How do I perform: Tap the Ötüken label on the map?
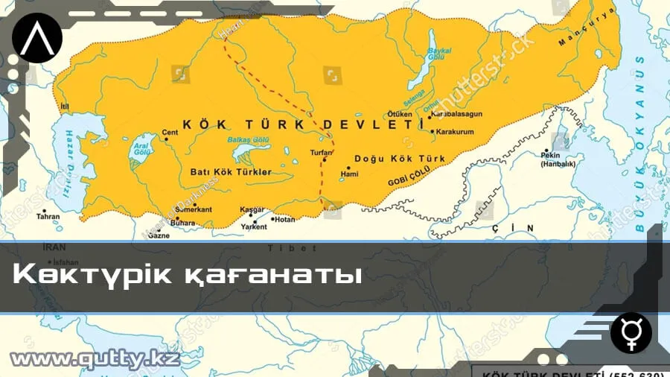pyautogui.click(x=399, y=114)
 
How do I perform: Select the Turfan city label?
pyautogui.click(x=320, y=152)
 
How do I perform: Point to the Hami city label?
pyautogui.click(x=349, y=174)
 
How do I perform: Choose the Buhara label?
pyautogui.click(x=183, y=222)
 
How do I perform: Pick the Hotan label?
pyautogui.click(x=284, y=219)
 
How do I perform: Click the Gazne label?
pyautogui.click(x=159, y=235)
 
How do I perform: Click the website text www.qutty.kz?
pyautogui.click(x=95, y=360)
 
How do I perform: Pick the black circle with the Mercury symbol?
pyautogui.click(x=631, y=332)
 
